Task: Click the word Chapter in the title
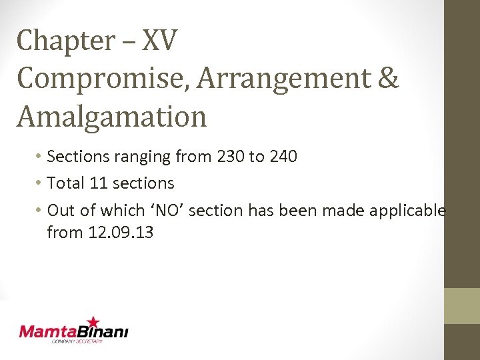coord(58,41)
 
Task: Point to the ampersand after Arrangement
coord(387,79)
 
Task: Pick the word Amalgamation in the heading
coord(112,116)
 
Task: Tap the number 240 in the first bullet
coord(283,157)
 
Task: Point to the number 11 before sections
coord(101,183)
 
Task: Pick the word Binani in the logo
coord(105,331)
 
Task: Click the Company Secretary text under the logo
coord(77,342)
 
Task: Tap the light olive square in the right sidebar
coord(462,306)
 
